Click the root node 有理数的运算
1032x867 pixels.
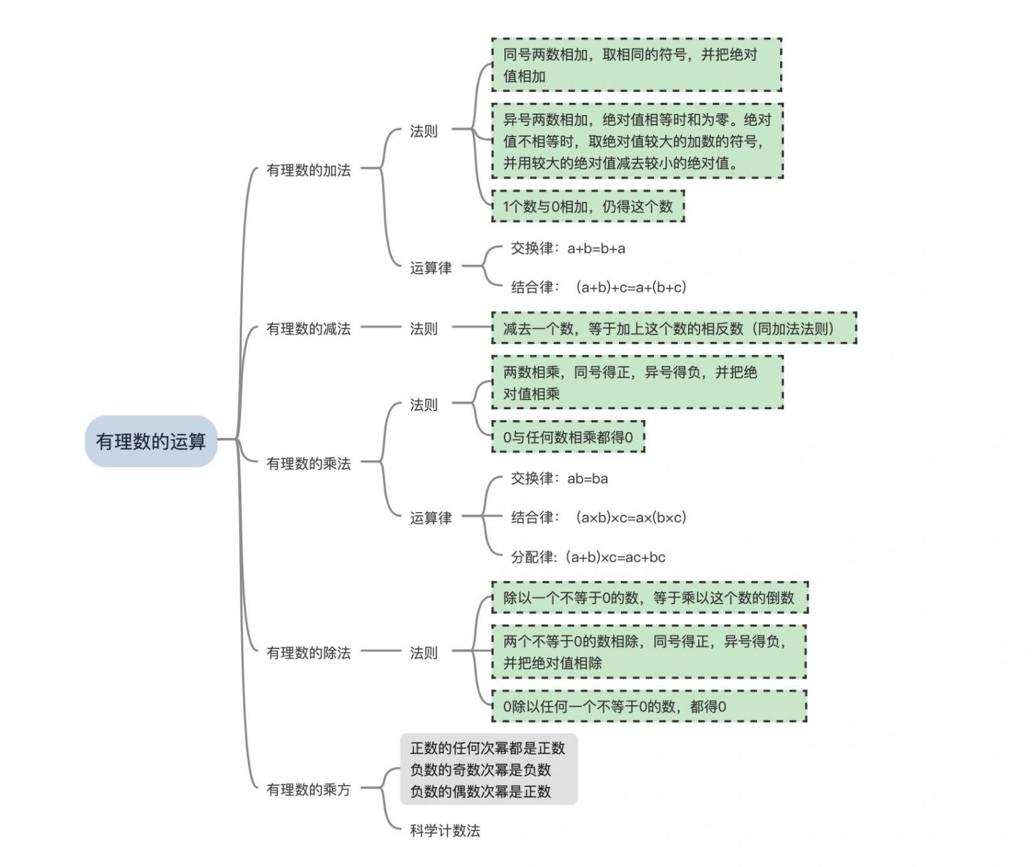[150, 442]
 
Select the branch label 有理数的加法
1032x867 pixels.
[308, 170]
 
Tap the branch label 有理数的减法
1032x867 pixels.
[308, 329]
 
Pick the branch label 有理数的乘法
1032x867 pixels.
[308, 463]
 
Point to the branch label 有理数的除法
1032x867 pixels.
[308, 652]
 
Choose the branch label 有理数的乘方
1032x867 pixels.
[308, 789]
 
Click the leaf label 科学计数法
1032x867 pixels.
[445, 830]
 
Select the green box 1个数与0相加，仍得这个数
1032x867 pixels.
[588, 207]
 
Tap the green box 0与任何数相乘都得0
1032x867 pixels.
[568, 437]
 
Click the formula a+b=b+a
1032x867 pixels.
[596, 249]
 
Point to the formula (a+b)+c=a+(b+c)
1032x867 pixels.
[630, 287]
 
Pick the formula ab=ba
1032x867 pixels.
[587, 479]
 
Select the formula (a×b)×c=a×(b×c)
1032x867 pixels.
[630, 517]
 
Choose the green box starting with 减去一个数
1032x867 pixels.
[674, 329]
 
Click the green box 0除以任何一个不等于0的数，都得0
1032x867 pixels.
[649, 706]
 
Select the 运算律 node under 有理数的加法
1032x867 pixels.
[431, 268]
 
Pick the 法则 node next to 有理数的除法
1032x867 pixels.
[424, 652]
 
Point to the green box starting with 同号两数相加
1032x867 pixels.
[637, 65]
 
